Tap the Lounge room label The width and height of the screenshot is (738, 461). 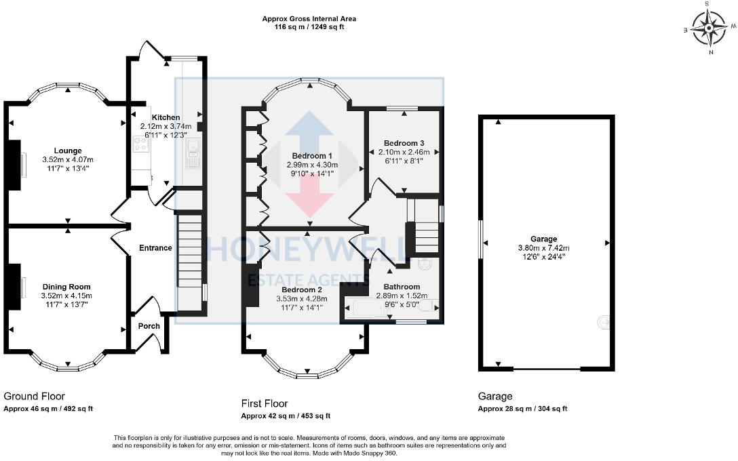coord(69,151)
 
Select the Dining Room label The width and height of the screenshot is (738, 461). coord(66,287)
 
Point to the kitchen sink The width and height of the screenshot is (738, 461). coord(192,155)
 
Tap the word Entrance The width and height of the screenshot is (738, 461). coord(155,248)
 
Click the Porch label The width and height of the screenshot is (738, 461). coord(149,326)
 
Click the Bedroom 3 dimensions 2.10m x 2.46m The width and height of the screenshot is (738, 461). coord(404,153)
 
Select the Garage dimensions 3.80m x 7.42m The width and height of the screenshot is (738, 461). coord(543,247)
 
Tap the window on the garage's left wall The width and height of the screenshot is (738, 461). coord(482,240)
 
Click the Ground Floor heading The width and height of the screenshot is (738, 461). coord(34,396)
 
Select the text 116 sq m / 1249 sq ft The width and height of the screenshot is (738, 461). coord(309,27)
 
